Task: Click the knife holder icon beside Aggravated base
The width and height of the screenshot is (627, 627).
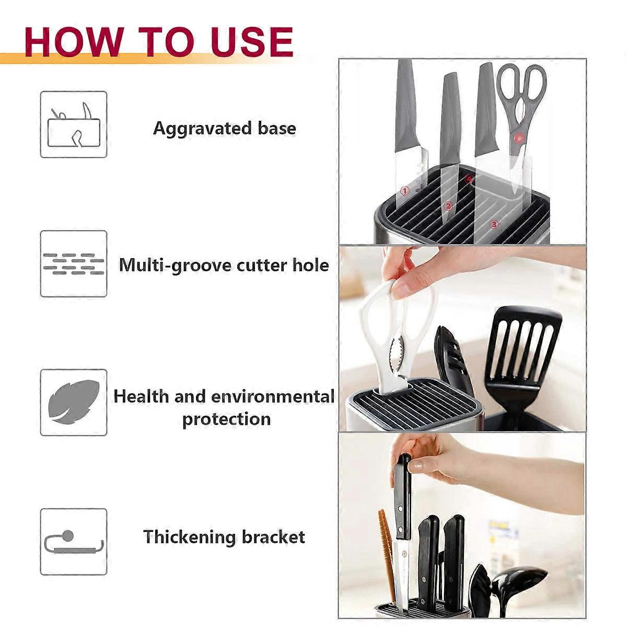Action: click(74, 125)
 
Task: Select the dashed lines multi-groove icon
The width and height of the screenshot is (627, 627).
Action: click(74, 264)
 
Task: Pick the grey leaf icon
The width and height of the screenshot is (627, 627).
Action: click(74, 403)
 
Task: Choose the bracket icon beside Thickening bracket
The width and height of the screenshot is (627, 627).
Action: click(74, 542)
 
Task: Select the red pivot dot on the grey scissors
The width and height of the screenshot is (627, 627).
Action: click(519, 138)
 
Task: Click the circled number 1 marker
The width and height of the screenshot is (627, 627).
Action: click(404, 192)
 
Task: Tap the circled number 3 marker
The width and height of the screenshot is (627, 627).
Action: click(494, 224)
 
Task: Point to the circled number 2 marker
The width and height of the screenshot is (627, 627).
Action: click(448, 206)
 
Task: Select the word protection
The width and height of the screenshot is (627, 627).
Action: click(226, 420)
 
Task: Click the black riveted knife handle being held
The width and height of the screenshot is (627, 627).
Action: click(403, 496)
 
